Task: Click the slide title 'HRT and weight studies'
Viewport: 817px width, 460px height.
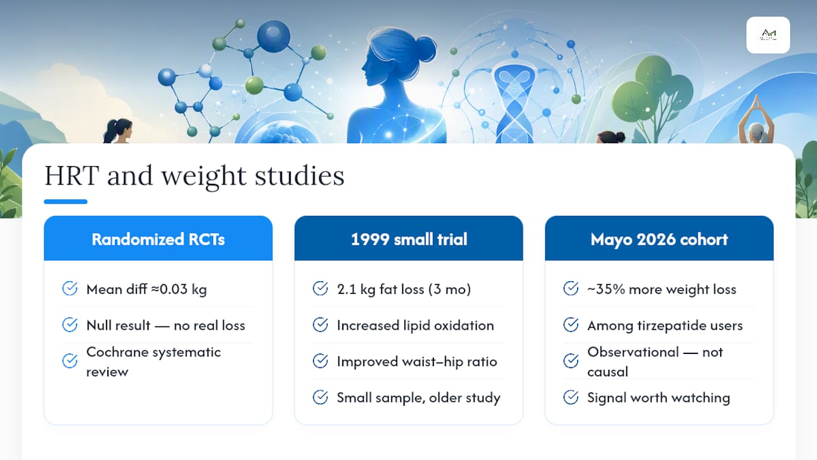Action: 194,176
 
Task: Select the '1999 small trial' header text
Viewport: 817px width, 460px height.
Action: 409,240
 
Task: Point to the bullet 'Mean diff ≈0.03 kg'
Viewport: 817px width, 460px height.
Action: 147,289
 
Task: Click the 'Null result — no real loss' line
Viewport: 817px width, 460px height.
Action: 165,325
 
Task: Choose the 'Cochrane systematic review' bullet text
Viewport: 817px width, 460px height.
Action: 154,362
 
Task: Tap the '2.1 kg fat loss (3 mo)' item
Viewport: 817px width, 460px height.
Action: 404,289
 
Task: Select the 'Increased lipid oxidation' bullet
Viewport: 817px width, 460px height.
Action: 416,325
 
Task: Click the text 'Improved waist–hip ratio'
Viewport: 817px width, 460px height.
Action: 417,362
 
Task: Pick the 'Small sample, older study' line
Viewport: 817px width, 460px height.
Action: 419,397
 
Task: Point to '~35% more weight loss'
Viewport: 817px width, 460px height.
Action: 662,289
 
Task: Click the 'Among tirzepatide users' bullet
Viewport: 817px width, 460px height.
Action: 665,325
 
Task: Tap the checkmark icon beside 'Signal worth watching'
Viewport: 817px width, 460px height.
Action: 571,397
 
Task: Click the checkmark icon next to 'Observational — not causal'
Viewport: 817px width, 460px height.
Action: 571,361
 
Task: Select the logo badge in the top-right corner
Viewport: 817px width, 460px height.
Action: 768,35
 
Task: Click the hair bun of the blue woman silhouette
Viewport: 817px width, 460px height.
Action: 426,49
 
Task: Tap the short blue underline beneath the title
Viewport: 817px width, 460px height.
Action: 66,201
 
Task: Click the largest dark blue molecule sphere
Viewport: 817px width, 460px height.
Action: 274,36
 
